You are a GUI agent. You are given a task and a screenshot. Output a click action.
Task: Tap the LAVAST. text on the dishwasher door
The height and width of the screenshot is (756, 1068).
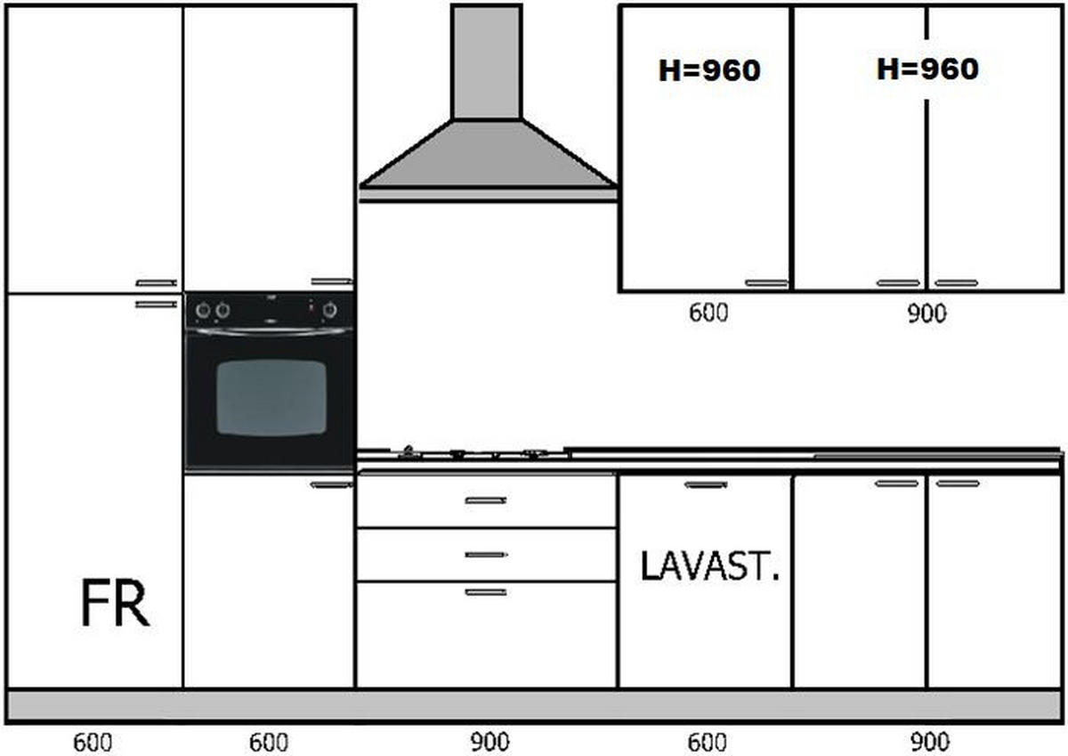709,566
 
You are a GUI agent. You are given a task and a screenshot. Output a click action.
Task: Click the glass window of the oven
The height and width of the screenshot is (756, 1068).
271,397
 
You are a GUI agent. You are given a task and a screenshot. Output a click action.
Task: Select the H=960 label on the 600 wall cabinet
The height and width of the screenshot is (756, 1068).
709,70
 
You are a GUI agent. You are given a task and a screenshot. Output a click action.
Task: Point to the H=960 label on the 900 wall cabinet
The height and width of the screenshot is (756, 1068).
927,69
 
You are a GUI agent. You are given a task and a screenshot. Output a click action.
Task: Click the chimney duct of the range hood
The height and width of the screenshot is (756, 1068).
487,62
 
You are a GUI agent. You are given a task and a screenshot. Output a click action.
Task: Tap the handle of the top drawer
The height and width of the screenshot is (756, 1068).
486,500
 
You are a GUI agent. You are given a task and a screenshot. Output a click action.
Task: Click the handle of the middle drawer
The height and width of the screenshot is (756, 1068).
486,555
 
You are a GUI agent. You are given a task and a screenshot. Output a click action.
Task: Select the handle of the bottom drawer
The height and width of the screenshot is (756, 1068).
486,592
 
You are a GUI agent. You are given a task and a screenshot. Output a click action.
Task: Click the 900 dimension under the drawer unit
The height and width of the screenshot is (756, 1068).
489,742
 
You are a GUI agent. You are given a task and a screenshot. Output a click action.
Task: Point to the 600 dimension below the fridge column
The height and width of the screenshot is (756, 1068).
93,743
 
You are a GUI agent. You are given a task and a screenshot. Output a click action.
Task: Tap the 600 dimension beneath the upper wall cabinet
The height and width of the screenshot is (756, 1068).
708,313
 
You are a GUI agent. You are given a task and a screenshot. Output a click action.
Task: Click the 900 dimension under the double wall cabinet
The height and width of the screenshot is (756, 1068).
926,313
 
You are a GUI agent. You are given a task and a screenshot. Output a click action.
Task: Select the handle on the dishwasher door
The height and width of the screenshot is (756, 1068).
706,485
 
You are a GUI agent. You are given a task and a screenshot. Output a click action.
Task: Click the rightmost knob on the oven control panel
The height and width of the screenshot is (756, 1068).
329,311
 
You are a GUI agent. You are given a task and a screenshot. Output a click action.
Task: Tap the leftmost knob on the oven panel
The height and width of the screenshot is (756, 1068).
203,311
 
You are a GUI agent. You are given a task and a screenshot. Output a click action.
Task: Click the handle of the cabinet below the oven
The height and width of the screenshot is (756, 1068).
331,485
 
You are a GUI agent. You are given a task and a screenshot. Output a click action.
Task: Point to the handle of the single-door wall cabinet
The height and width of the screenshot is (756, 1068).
766,283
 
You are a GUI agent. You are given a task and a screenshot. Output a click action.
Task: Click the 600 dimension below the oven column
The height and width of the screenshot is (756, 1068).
269,743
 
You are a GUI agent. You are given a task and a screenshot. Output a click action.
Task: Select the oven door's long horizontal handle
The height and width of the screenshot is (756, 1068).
271,330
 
